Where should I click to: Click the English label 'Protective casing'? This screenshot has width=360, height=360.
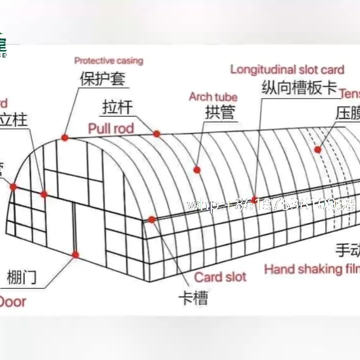coord(108,61)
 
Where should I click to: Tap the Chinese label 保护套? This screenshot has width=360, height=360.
coord(102,79)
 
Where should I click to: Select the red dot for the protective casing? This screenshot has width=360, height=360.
coord(65,137)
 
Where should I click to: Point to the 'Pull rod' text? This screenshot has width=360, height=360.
coord(111,128)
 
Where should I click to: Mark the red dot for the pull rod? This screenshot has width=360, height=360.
coord(156,133)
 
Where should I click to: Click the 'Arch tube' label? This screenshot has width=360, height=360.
coord(213,97)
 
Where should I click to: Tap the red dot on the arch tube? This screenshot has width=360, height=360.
coord(197,170)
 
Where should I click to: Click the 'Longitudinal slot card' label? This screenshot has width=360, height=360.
coord(287,69)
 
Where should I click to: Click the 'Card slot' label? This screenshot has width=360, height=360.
coord(220,276)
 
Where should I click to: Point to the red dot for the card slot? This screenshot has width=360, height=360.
coord(151,219)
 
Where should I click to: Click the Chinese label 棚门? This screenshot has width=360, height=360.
coord(22,277)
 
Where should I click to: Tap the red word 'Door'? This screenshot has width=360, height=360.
coord(12,301)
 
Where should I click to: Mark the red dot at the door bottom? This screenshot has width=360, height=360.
coord(75,254)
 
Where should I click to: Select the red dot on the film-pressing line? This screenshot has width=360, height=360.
coord(317,149)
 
